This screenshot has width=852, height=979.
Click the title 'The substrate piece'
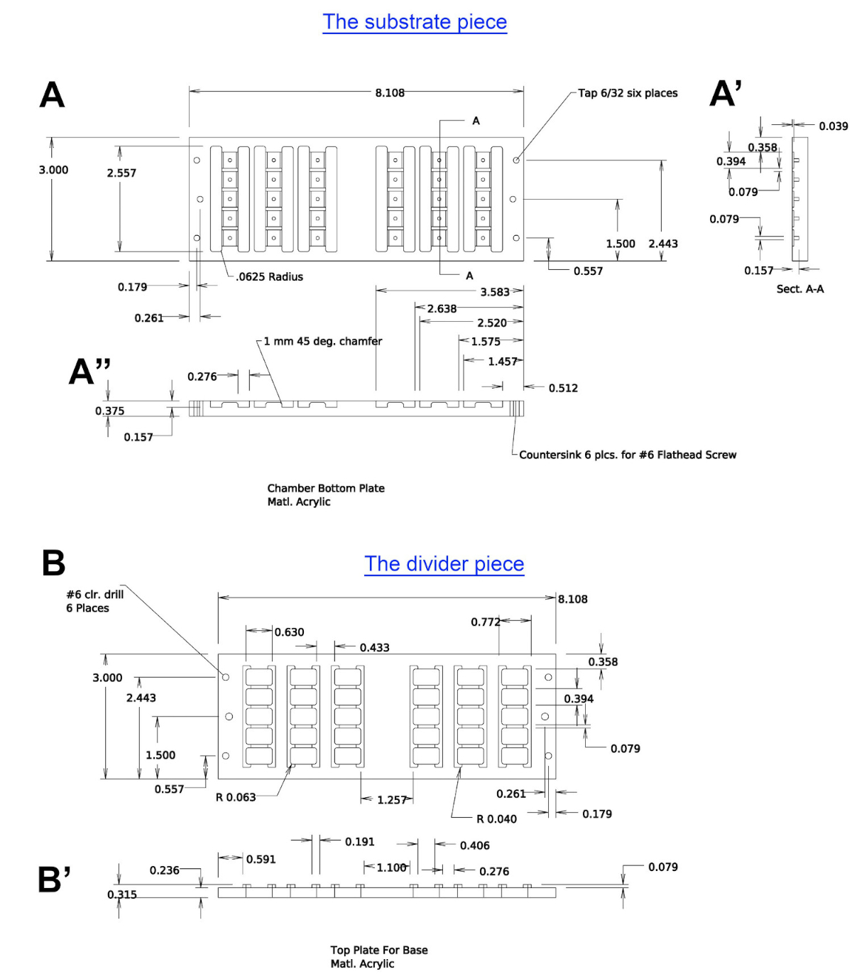coord(415,22)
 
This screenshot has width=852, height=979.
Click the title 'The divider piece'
coord(444,564)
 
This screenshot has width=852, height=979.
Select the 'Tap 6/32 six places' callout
coord(628,93)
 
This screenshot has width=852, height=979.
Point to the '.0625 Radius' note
coord(269,277)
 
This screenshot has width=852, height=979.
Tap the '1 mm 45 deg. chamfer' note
coord(323,341)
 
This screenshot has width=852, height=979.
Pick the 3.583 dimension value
coord(495,292)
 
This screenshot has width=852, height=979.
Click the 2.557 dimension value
coord(121,173)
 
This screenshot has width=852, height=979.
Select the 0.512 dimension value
coord(563,388)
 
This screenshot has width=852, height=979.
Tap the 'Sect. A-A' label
coord(800,289)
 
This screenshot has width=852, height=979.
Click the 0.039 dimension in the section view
coord(834,126)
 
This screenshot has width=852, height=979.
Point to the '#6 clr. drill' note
coord(94,595)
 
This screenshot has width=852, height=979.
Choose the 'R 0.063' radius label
coord(236,797)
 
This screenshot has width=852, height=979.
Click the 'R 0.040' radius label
coord(496,819)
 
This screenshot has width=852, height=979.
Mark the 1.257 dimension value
coord(392,800)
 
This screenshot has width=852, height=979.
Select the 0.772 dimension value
coord(486,622)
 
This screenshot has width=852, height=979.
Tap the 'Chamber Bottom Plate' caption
coord(326,488)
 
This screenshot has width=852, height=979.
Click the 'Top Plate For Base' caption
coord(378,950)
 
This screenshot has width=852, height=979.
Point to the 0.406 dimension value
coord(475,845)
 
